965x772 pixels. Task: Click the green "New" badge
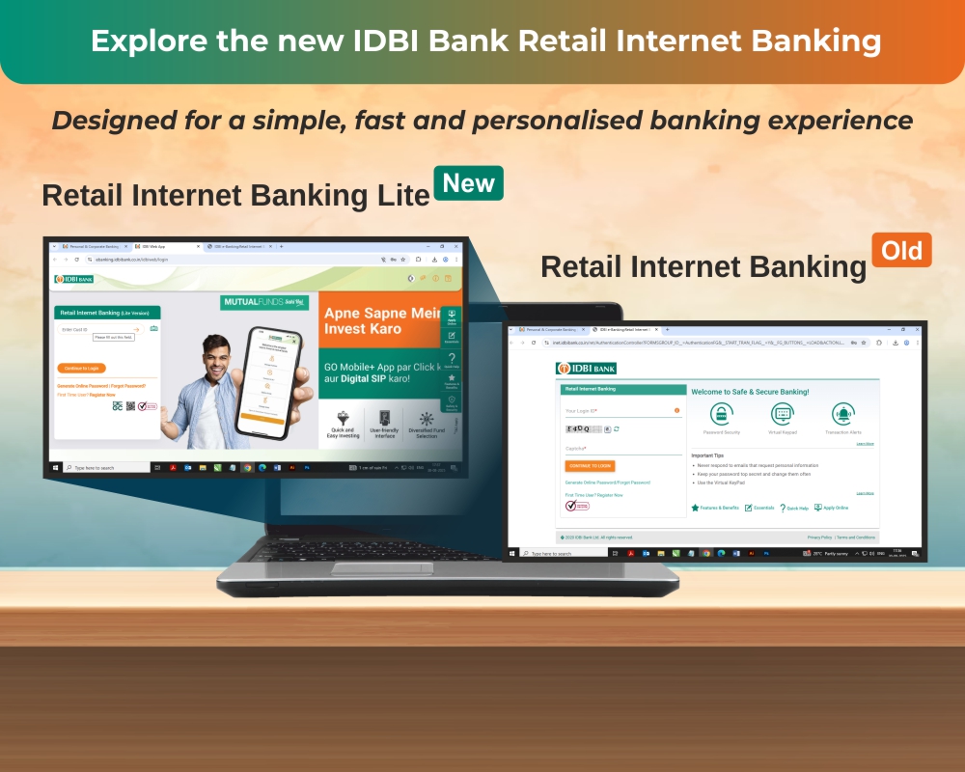click(x=468, y=182)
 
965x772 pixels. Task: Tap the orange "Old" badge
click(x=902, y=251)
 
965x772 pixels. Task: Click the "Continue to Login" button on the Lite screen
click(x=82, y=368)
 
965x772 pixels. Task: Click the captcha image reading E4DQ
click(x=582, y=428)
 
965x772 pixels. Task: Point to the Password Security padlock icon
click(x=721, y=414)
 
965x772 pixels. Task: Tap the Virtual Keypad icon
click(x=783, y=414)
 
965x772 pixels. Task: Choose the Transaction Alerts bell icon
click(x=843, y=414)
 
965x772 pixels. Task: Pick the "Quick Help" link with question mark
click(x=794, y=508)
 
